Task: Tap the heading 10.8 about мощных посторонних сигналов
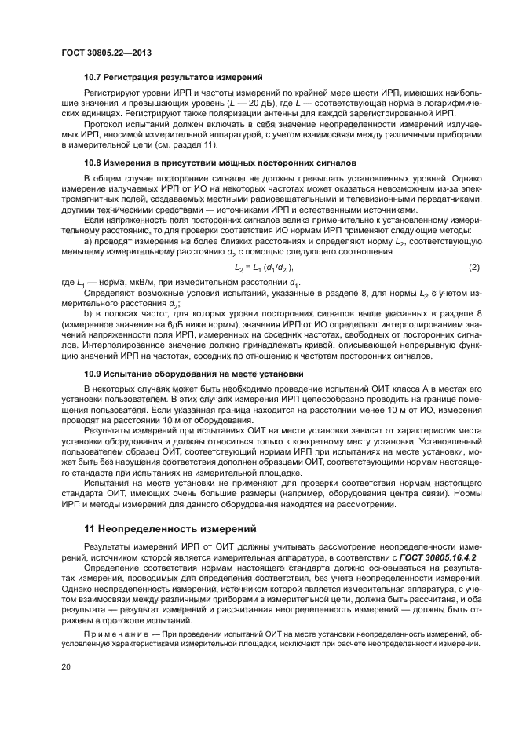[221, 163]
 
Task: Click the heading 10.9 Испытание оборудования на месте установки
[193, 374]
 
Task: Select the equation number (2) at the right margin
[473, 268]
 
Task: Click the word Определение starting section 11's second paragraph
[110, 567]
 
